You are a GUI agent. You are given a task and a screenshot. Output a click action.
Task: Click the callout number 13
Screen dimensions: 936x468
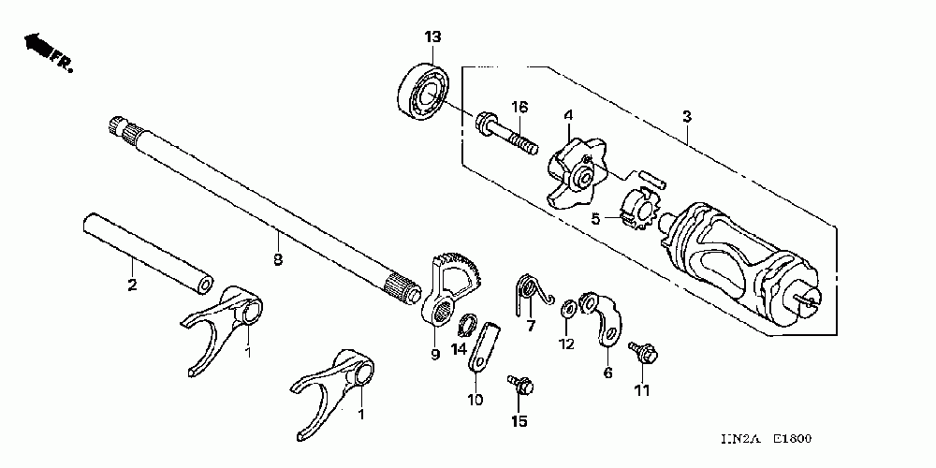pos(432,37)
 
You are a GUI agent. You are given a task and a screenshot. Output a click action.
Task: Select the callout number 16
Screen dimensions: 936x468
pos(519,108)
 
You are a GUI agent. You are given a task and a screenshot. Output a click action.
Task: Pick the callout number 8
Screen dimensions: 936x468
pos(278,260)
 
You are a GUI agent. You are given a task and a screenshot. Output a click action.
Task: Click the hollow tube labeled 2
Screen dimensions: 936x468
pos(148,255)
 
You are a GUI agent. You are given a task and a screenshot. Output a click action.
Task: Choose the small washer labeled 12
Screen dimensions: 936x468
pos(568,309)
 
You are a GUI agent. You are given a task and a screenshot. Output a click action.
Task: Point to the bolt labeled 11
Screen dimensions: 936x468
pos(643,354)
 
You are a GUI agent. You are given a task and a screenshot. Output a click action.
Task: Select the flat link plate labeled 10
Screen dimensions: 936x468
pos(482,348)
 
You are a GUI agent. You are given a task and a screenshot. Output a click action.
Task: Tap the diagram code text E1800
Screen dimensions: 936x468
pos(792,439)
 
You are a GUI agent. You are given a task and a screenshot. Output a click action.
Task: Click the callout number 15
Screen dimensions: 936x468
pos(519,421)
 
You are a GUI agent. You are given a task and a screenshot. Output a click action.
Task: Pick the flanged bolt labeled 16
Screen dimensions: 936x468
pos(506,135)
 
